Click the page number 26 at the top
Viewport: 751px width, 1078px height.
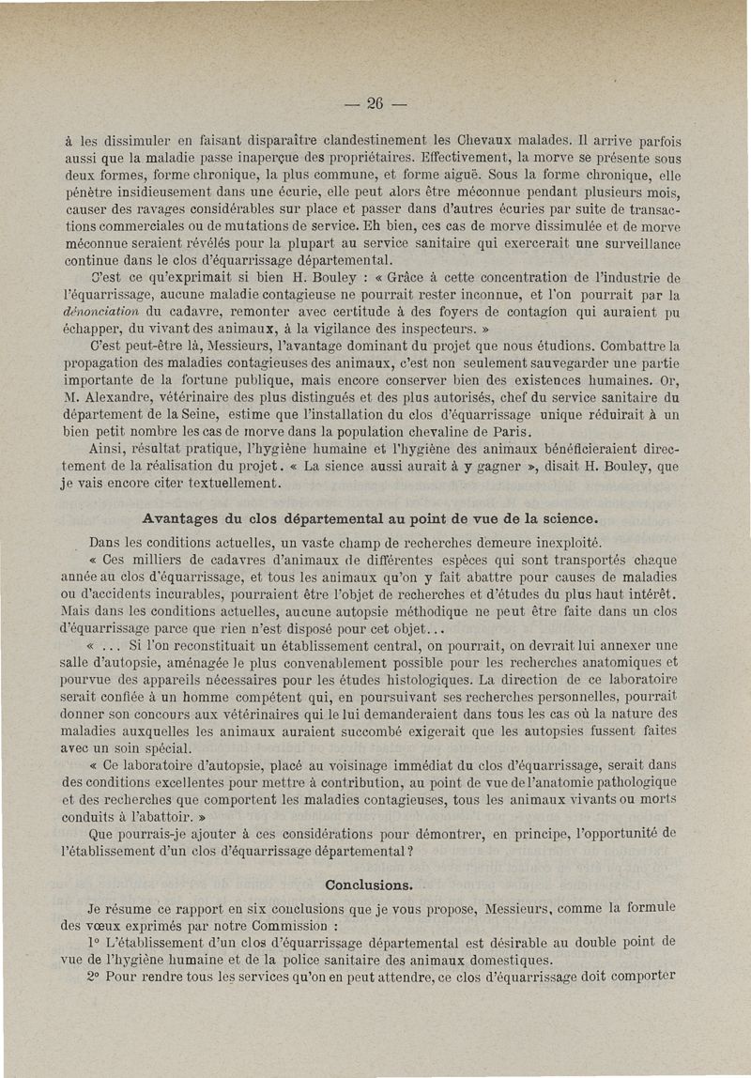click(375, 104)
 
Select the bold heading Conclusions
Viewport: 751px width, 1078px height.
click(368, 885)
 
